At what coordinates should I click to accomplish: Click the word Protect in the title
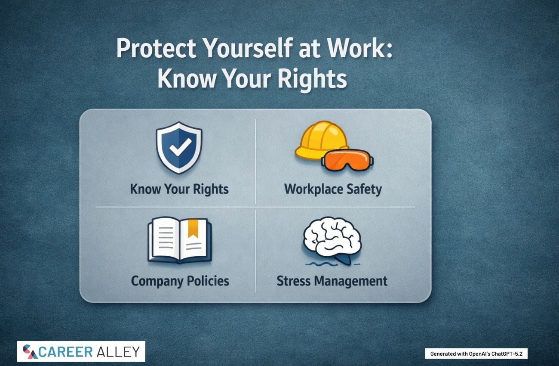pos(156,48)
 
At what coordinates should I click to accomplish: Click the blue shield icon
pos(179,148)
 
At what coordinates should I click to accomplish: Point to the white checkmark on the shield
pos(180,147)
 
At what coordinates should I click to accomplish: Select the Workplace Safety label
pos(333,189)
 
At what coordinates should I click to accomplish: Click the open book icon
pos(180,240)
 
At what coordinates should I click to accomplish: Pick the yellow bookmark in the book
pos(193,228)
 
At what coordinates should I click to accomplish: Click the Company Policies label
pos(180,281)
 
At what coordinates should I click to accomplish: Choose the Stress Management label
pos(332,281)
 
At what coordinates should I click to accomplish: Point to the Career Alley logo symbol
pos(30,352)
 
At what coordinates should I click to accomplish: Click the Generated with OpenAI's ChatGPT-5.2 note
pos(476,354)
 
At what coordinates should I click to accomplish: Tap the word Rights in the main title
pos(313,79)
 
